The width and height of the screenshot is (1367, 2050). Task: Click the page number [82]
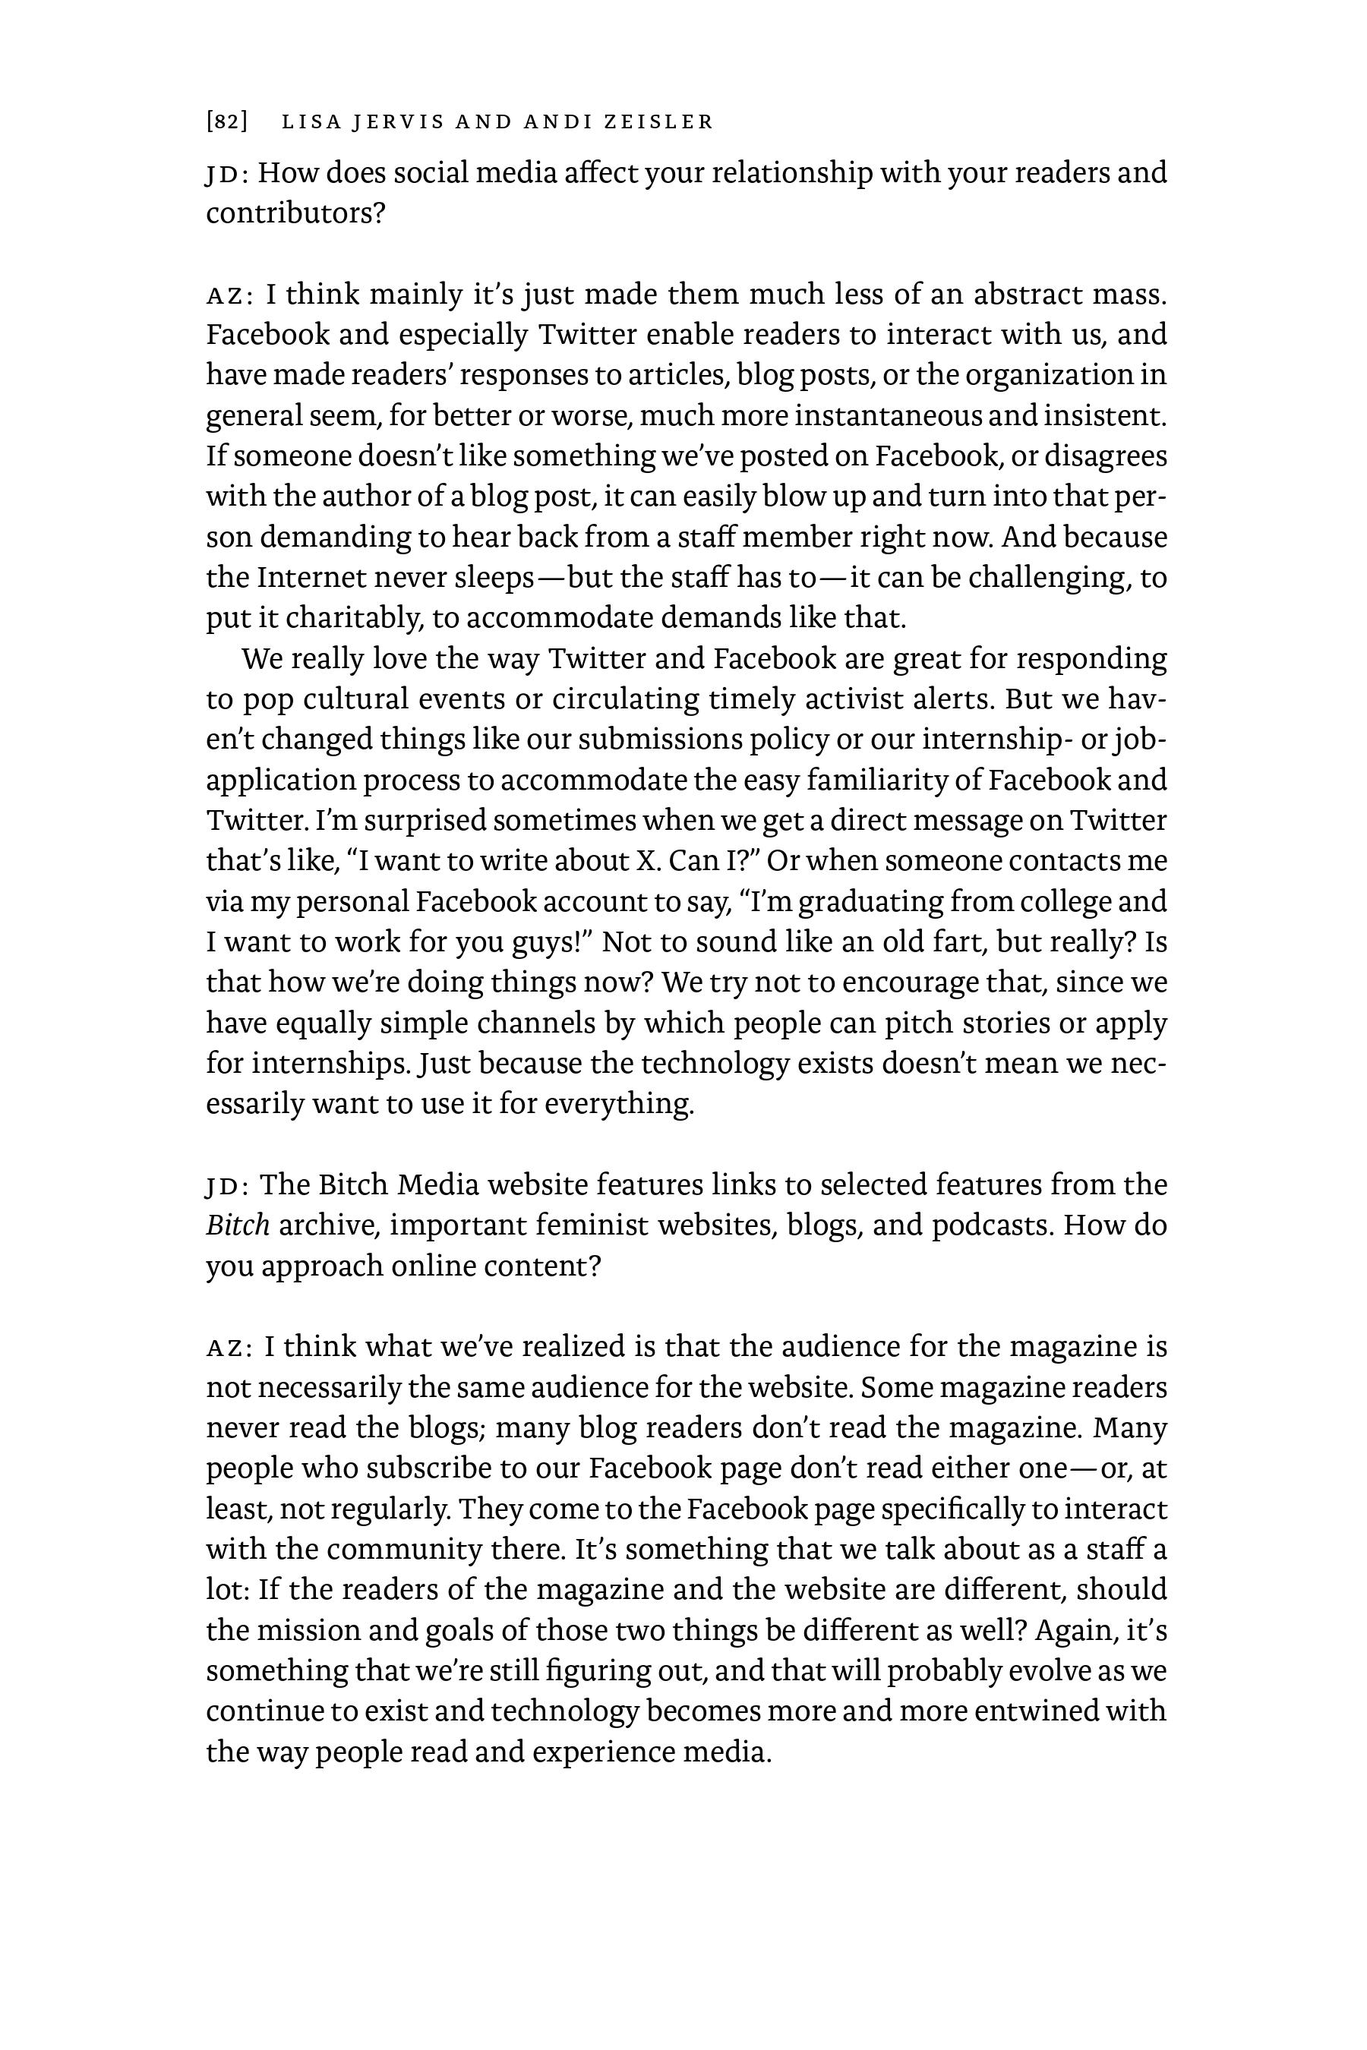tap(226, 121)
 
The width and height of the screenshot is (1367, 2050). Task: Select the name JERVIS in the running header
tap(396, 121)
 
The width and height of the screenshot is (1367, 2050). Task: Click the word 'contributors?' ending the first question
tap(295, 213)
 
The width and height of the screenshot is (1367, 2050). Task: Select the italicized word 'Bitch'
tap(237, 1225)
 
